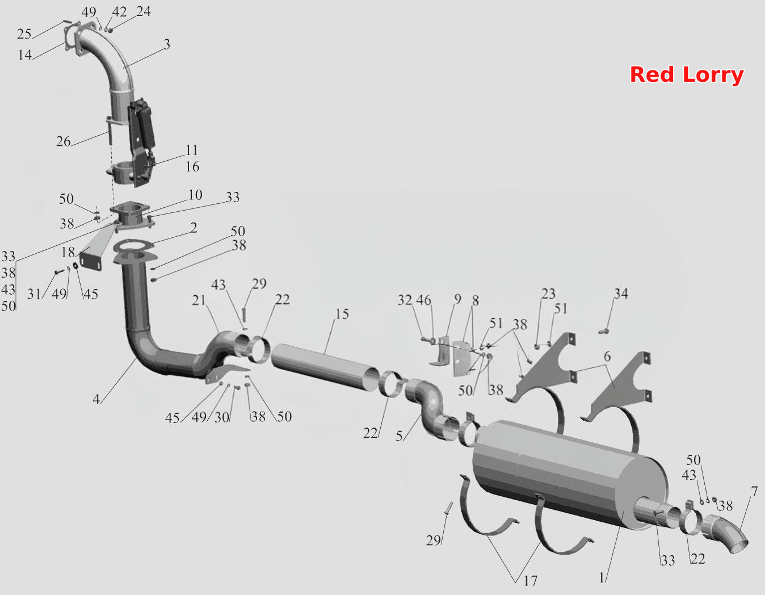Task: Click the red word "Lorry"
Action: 713,76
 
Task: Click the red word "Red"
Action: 651,74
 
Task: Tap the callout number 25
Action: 24,34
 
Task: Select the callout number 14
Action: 25,55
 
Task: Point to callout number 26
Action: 64,141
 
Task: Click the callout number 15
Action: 342,314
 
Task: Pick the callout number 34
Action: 621,294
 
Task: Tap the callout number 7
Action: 754,492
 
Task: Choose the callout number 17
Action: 531,581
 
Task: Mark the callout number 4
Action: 96,399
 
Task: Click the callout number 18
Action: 68,252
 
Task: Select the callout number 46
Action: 423,300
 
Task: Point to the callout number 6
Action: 607,357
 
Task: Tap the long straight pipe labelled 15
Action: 326,367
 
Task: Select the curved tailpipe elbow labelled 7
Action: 725,535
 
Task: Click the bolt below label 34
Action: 603,331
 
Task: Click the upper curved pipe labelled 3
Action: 106,67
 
